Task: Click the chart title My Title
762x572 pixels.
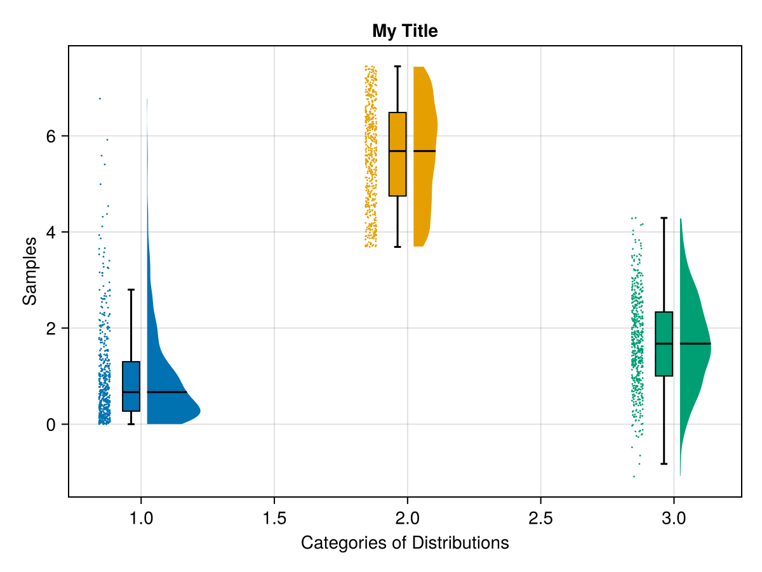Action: (x=404, y=31)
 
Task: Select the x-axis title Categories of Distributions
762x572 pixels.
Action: (x=404, y=543)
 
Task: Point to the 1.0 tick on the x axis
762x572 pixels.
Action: (x=141, y=519)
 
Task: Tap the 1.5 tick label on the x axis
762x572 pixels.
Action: (x=274, y=519)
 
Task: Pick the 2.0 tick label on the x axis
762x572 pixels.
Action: (x=407, y=519)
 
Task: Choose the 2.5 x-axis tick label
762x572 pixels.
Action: (x=540, y=519)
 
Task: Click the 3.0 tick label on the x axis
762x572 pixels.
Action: (x=673, y=519)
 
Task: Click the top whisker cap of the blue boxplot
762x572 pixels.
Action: (x=131, y=290)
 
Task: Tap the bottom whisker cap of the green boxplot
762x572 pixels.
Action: (x=664, y=464)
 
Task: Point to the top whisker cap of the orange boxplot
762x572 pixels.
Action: (x=398, y=66)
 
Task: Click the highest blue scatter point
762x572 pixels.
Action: (x=100, y=99)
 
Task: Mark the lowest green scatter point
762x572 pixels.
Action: (x=634, y=476)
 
